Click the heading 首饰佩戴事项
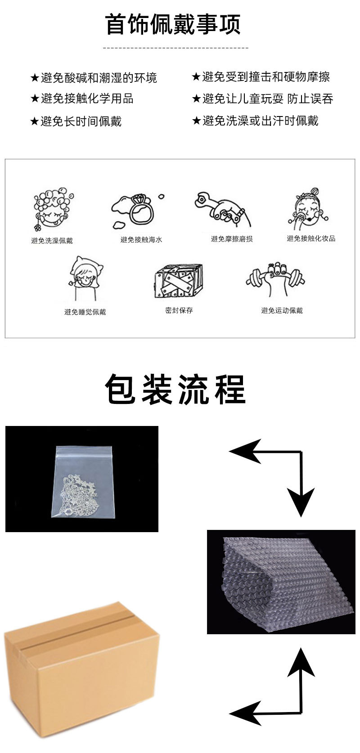(x=173, y=24)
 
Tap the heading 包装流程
(x=175, y=389)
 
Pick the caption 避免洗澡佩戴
(x=52, y=240)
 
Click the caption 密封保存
(x=179, y=310)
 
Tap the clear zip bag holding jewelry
(x=83, y=482)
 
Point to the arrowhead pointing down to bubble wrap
(x=301, y=502)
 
